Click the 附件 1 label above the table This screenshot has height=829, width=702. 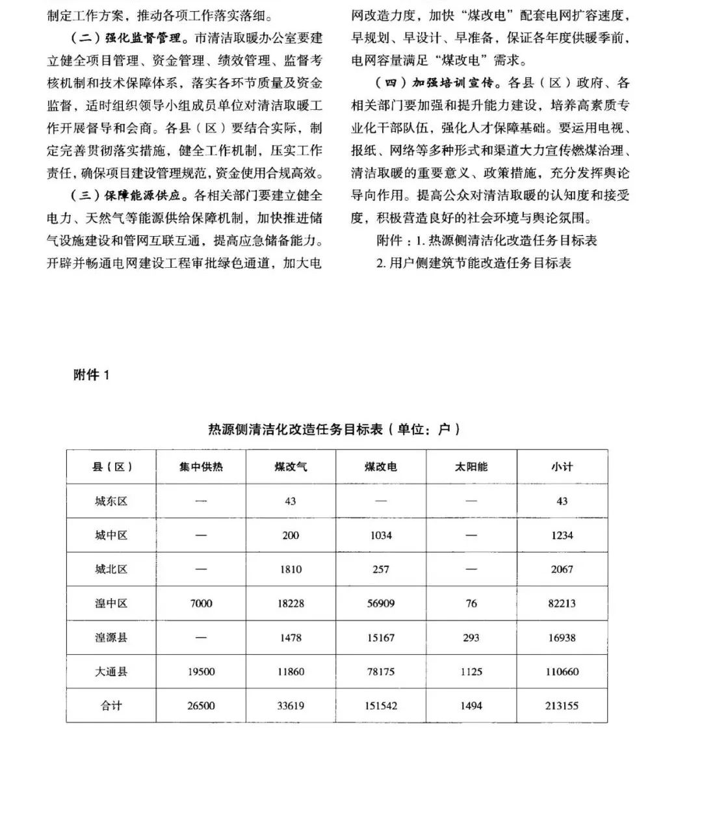[92, 375]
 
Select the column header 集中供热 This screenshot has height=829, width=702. [201, 467]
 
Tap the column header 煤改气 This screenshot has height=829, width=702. [291, 467]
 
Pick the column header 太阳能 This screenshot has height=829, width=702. [471, 467]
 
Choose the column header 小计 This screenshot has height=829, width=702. [562, 467]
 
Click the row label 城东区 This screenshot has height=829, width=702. [111, 501]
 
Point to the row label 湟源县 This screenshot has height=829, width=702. [111, 638]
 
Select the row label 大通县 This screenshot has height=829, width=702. [111, 672]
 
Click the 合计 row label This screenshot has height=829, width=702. [111, 705]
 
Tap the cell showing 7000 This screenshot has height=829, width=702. [201, 603]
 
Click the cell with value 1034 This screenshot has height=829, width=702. [381, 535]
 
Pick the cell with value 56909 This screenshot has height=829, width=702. [381, 603]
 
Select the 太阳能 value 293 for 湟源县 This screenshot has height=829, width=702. [471, 638]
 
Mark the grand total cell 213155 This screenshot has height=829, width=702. [562, 705]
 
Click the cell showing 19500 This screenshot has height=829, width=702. [201, 672]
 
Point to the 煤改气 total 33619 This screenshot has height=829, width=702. [291, 705]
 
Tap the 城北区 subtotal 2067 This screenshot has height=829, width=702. [562, 570]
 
